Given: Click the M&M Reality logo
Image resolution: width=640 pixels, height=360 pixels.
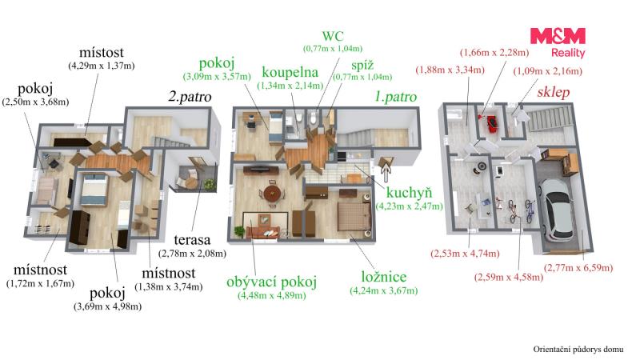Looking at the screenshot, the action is click(558, 42).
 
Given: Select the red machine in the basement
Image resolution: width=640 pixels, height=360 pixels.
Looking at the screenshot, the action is click(491, 123).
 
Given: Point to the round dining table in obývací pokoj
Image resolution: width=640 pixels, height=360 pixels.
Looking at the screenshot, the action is click(272, 193).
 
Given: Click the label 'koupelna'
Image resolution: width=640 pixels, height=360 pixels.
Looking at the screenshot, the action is click(290, 72).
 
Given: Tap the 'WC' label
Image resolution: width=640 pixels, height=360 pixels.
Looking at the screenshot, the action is click(333, 36).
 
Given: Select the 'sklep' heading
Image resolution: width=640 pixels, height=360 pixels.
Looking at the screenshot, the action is click(553, 92).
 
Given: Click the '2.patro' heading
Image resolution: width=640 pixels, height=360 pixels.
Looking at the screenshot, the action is click(190, 97).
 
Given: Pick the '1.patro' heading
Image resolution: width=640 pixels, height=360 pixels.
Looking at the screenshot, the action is click(395, 97).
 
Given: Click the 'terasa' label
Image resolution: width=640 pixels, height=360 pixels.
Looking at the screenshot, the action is click(192, 239).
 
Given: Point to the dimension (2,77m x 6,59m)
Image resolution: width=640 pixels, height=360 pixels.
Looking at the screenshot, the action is click(578, 268).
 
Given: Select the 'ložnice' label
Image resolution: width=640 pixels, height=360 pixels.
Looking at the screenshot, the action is click(384, 277).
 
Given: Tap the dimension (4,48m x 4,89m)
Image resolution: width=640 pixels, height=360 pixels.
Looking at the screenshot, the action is click(271, 295).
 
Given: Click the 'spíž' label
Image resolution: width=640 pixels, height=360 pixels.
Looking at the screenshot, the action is click(362, 66).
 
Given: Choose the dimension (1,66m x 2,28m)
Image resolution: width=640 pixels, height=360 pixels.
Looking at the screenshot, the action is click(494, 53).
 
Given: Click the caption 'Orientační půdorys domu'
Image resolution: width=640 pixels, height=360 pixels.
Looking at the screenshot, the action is click(578, 350).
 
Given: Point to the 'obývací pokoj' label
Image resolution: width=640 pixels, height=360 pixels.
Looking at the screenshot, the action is click(271, 282).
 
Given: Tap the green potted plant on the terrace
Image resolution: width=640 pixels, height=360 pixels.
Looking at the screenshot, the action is click(210, 185).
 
